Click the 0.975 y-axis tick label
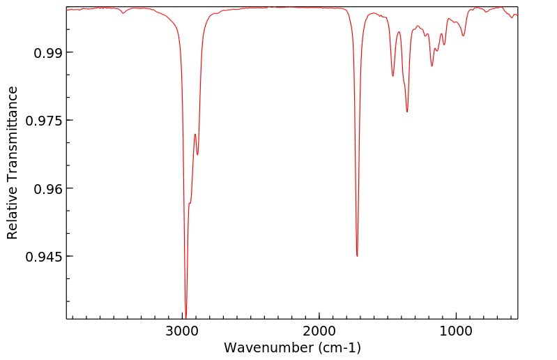[x=42, y=121]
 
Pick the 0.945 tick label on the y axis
[x=42, y=257]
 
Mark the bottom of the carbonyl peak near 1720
[x=357, y=256]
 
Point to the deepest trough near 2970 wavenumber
[x=185, y=318]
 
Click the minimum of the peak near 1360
[x=407, y=112]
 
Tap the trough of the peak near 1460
[x=393, y=76]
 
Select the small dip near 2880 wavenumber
[x=198, y=154]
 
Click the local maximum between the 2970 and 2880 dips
[x=195, y=134]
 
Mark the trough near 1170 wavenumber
[x=432, y=66]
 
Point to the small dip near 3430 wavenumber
[x=123, y=13]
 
